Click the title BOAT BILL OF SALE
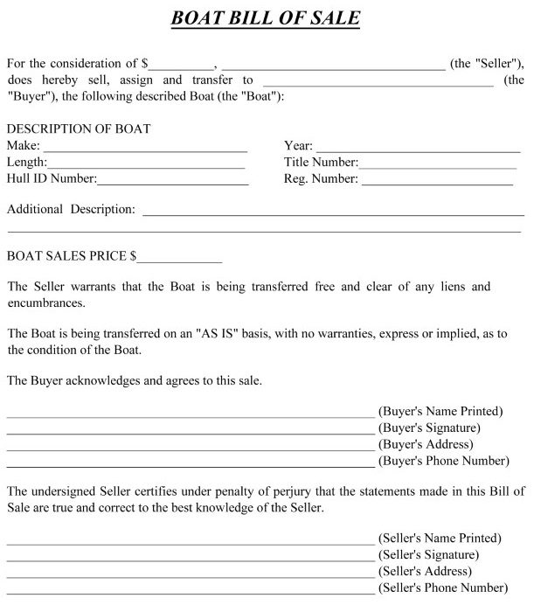[x=267, y=18]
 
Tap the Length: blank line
[x=146, y=164]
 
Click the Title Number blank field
[x=438, y=164]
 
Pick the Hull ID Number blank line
[x=173, y=181]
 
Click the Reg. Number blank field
[x=437, y=181]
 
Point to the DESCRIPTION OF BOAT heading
[x=79, y=129]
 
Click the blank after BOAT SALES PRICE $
[x=180, y=260]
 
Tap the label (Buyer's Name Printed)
[x=440, y=411]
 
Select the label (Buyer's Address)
[x=427, y=444]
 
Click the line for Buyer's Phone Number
[x=191, y=462]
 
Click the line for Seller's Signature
[x=191, y=557]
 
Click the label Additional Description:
[x=71, y=210]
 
